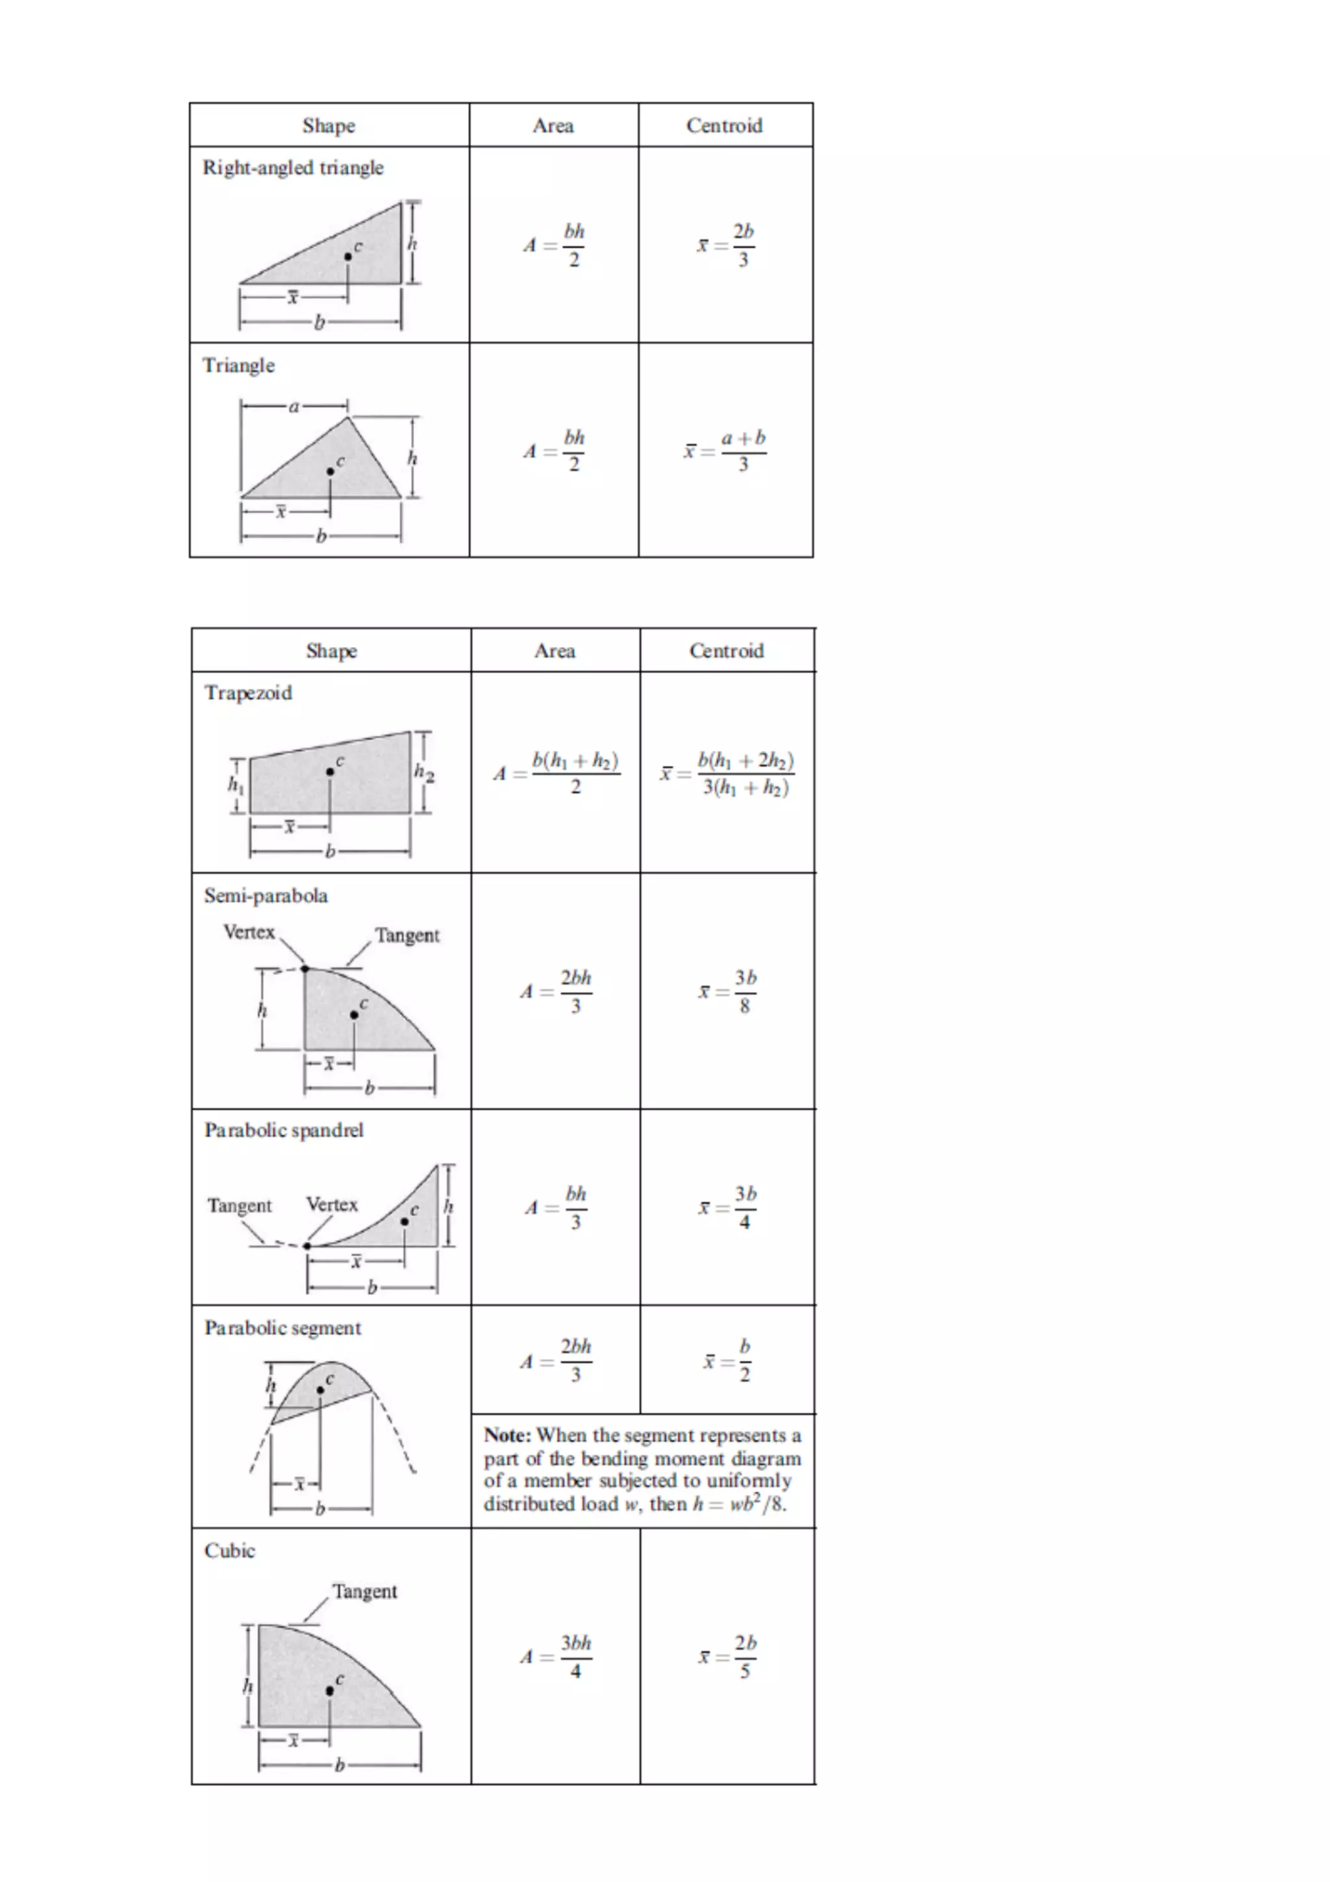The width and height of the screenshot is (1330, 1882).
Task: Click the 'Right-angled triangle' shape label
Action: pos(292,168)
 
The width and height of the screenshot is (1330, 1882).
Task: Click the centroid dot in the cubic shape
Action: pos(329,1690)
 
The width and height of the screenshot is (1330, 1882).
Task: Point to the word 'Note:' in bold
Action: pos(507,1435)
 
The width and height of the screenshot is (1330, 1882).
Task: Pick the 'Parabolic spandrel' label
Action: pos(284,1130)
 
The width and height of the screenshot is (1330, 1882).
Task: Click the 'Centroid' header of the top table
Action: pos(724,126)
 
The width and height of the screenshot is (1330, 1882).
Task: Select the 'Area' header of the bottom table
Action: pos(555,651)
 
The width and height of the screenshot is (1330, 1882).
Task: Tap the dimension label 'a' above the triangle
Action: pos(294,406)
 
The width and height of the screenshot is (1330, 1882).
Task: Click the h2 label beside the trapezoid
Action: pos(423,772)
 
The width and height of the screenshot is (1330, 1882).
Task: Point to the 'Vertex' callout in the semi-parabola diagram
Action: pos(249,932)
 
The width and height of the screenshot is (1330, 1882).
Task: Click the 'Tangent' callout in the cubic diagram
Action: pos(365,1591)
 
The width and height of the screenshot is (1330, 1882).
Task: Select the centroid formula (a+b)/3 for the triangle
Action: pos(726,451)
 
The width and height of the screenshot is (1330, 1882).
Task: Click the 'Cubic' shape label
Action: pos(229,1551)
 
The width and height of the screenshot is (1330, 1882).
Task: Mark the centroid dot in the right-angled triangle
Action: pos(347,257)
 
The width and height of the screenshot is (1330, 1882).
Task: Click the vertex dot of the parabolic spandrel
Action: pos(307,1246)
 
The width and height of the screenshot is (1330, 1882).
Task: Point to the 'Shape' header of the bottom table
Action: pos(331,651)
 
